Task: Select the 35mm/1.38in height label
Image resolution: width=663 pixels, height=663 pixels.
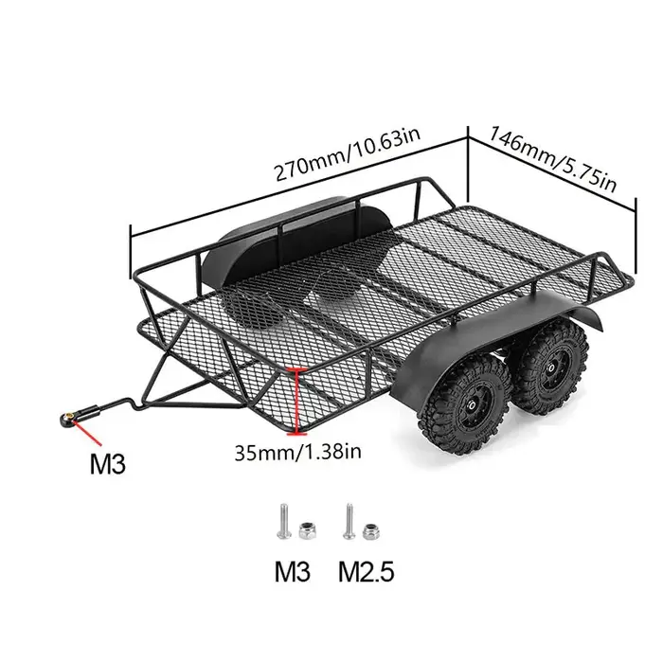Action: (x=298, y=452)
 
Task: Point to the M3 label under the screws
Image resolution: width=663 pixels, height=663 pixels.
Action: (x=294, y=572)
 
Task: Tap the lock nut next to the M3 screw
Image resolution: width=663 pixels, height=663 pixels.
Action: (x=306, y=533)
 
